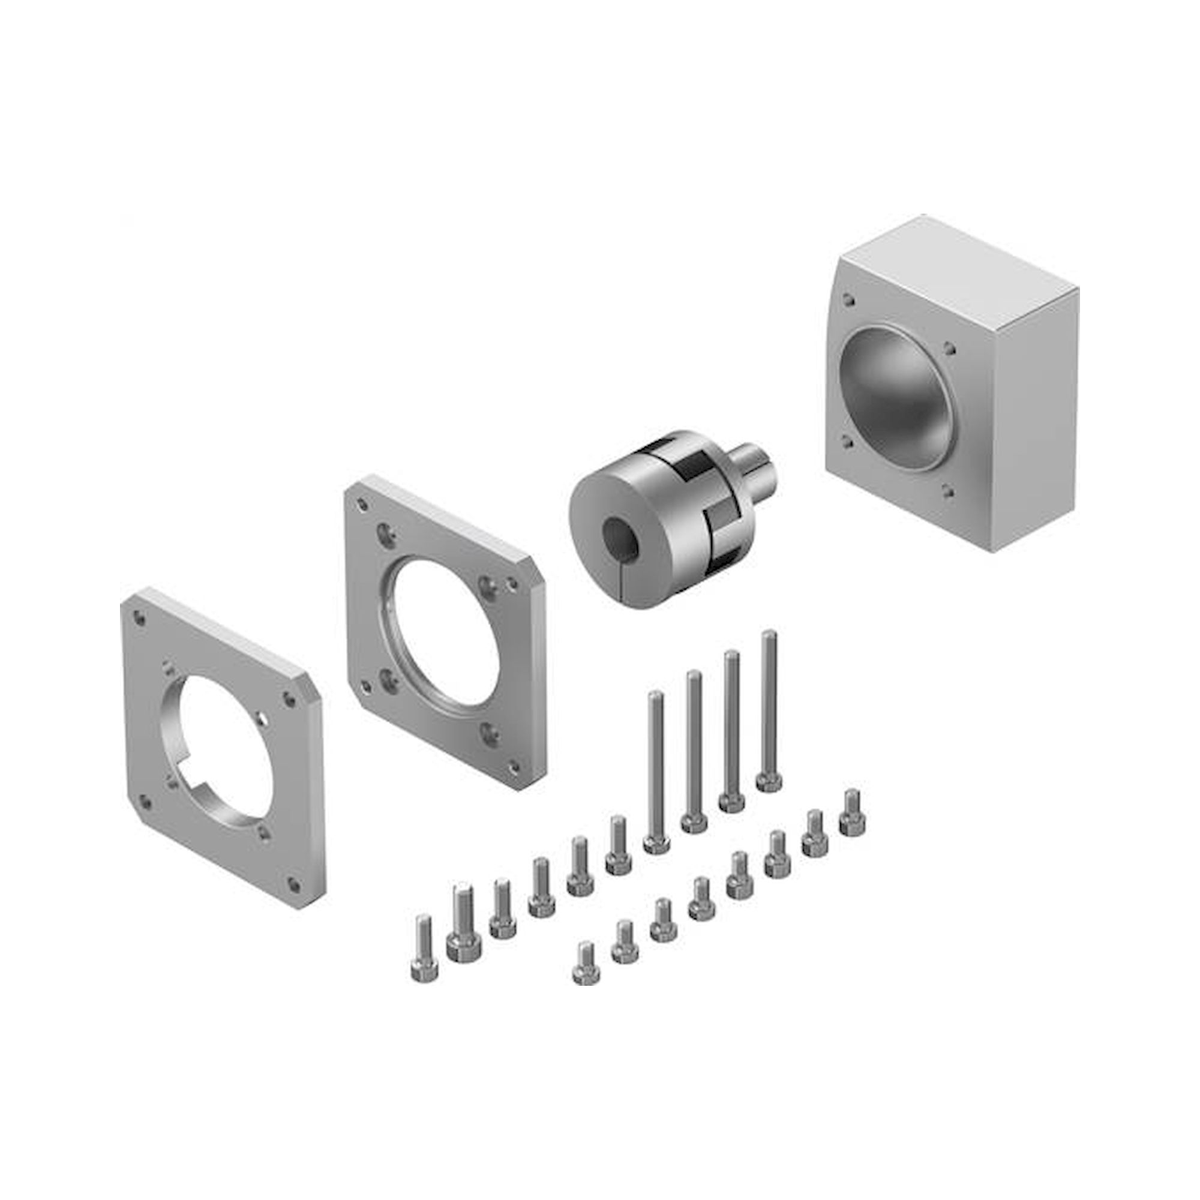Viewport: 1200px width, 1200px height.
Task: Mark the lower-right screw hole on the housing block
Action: [x=947, y=494]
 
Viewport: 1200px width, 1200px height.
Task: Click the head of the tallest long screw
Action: [x=769, y=781]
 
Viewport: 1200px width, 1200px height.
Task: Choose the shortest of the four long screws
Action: [x=656, y=842]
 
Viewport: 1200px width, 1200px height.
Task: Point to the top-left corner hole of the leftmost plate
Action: [x=141, y=619]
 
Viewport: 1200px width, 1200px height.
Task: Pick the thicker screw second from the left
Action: [x=460, y=960]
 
